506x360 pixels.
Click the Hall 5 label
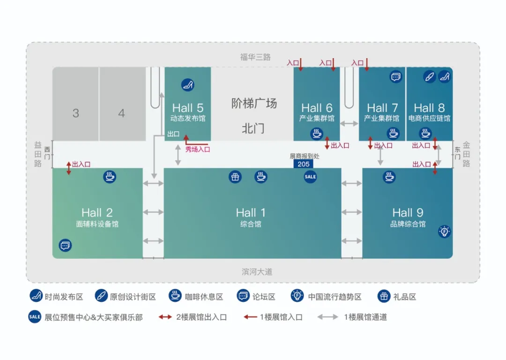click(x=188, y=108)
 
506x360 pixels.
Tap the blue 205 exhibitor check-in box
click(x=303, y=164)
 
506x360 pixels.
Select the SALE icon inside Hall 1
click(x=310, y=177)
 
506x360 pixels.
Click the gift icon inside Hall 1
click(x=235, y=177)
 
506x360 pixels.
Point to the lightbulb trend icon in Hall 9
click(x=444, y=232)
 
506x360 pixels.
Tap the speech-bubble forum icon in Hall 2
click(x=65, y=245)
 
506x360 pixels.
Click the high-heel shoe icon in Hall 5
click(x=188, y=85)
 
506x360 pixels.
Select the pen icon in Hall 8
click(x=430, y=77)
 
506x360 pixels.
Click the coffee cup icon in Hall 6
click(x=317, y=133)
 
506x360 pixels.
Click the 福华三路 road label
click(x=255, y=57)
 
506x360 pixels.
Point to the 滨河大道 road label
click(x=257, y=272)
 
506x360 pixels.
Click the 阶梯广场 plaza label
click(x=254, y=104)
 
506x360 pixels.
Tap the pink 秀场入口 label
click(x=198, y=150)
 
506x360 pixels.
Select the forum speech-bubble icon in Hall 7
click(x=395, y=77)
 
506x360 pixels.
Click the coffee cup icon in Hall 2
click(x=110, y=177)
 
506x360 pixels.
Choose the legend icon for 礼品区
click(x=384, y=296)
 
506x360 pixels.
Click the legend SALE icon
click(x=35, y=317)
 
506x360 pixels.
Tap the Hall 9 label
click(x=408, y=213)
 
